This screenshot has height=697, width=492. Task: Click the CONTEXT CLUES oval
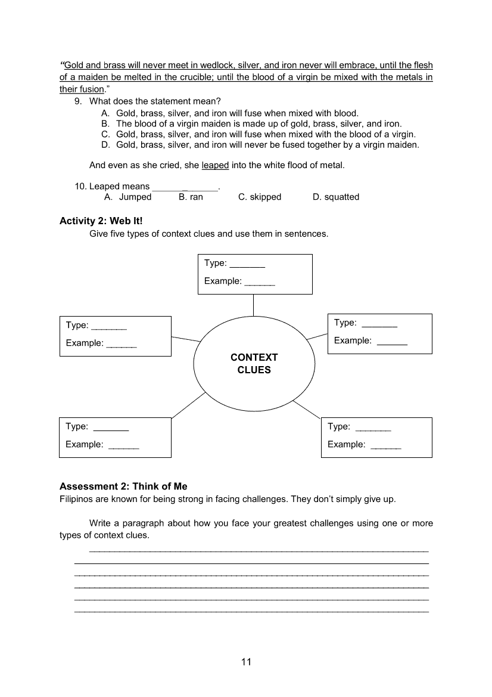pyautogui.click(x=254, y=364)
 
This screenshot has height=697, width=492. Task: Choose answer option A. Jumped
pyautogui.click(x=128, y=197)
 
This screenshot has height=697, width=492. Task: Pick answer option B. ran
pyautogui.click(x=191, y=197)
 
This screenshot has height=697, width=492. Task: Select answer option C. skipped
pyautogui.click(x=260, y=197)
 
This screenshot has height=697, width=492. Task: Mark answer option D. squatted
pyautogui.click(x=336, y=197)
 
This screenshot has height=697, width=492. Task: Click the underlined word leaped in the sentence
pyautogui.click(x=216, y=165)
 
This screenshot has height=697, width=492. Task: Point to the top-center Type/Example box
pyautogui.click(x=255, y=274)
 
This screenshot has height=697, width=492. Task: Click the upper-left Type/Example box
pyautogui.click(x=116, y=336)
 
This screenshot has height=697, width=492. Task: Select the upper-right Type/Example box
pyautogui.click(x=380, y=333)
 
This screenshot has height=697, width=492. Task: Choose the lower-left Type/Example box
pyautogui.click(x=115, y=437)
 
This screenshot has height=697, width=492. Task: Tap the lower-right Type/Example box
pyautogui.click(x=376, y=437)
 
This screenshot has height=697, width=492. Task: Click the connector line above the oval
pyautogui.click(x=254, y=305)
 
